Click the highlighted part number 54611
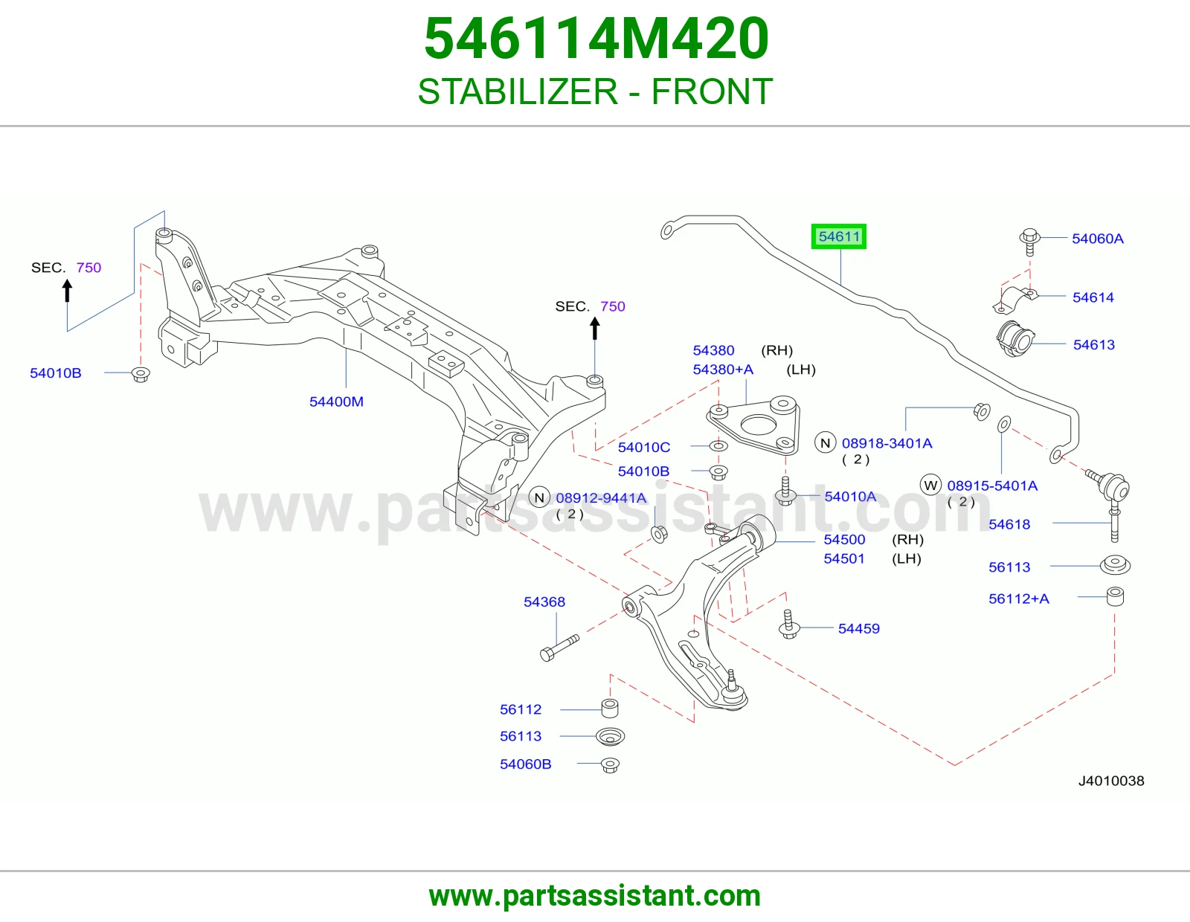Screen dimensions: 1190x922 (x=838, y=236)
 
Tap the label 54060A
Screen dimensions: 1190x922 (x=1098, y=239)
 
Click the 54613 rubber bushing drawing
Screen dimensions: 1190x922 (x=1014, y=338)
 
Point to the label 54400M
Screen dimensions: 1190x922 (x=336, y=402)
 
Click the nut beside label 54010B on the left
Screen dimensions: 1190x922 (x=141, y=374)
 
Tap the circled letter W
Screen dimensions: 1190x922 (x=930, y=485)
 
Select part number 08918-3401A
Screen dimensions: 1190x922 (x=887, y=443)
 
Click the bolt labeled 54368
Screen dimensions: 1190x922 (x=559, y=648)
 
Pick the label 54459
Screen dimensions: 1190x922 (x=859, y=628)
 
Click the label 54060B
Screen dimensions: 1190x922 (x=525, y=764)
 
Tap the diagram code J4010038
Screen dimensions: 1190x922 (x=1111, y=781)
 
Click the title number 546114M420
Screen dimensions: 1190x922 (x=596, y=39)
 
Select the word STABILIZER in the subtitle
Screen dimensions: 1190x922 (x=518, y=91)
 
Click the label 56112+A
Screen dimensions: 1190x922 (x=1019, y=599)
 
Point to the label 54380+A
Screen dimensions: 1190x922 (x=723, y=370)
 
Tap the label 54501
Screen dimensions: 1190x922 (x=844, y=559)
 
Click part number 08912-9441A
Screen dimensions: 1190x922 (x=601, y=498)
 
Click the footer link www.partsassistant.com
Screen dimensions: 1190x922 (x=595, y=896)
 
